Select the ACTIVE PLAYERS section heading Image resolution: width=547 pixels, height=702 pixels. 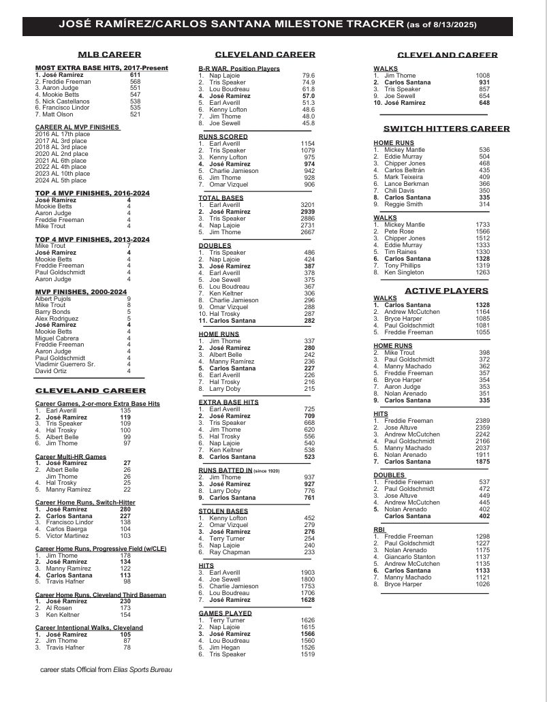[x=446, y=291]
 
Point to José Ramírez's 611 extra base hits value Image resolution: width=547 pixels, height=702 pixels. [x=135, y=75]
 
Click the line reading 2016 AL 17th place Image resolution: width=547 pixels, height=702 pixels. [x=61, y=134]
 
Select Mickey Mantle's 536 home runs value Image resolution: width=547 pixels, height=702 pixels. [x=484, y=150]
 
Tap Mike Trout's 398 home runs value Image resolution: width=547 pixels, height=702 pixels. [x=484, y=353]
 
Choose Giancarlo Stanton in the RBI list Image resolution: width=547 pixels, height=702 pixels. [x=409, y=556]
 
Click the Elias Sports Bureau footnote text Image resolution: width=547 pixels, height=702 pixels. [x=106, y=670]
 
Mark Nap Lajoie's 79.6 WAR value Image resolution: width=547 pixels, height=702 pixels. [x=308, y=76]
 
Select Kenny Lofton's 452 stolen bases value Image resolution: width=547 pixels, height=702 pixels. [x=308, y=517]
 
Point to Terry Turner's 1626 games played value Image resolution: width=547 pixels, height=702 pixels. [x=307, y=620]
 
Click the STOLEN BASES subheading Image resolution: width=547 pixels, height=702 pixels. [x=224, y=510]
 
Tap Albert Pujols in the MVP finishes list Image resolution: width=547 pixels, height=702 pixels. [x=52, y=298]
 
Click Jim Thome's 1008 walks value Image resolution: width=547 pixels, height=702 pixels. [x=482, y=76]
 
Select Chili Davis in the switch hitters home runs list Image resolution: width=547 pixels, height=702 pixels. [x=398, y=191]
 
